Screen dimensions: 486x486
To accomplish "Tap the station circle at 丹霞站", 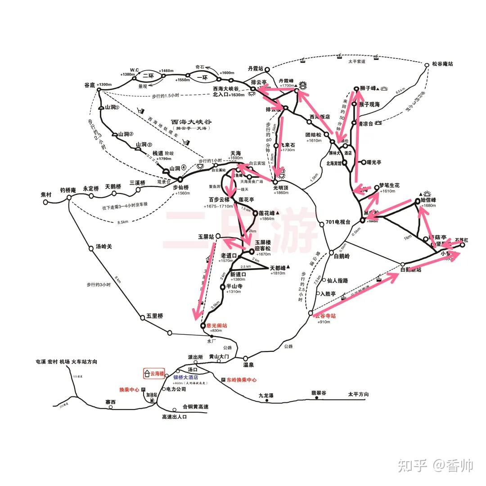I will (x=267, y=70).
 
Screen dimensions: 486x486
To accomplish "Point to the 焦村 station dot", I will (x=45, y=202).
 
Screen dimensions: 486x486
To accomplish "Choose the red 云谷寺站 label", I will (x=325, y=316).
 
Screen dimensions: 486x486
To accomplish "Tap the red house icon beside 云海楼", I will (x=147, y=373).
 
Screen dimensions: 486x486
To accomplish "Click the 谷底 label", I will (x=90, y=85).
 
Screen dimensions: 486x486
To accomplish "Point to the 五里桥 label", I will (x=154, y=316).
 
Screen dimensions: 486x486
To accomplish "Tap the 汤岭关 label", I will (x=103, y=247).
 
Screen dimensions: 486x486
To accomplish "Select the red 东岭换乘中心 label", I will (x=242, y=380).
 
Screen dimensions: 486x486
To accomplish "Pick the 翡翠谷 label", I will (x=319, y=393).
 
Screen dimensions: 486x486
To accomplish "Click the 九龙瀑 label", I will (x=266, y=396).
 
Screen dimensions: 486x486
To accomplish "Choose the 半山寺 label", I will (x=234, y=286).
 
